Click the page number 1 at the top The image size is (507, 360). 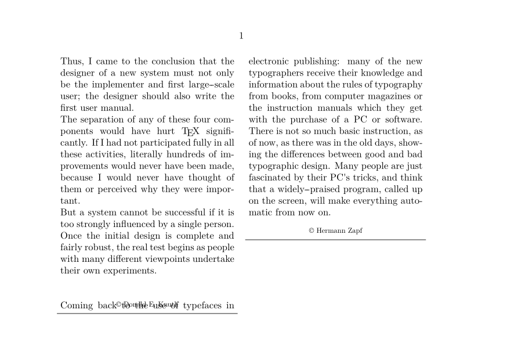click(x=241, y=36)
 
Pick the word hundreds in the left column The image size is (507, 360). click(x=190, y=154)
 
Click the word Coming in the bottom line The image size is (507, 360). click(x=77, y=305)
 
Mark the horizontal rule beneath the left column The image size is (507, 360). click(x=147, y=314)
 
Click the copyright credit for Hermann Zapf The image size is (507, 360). click(x=335, y=231)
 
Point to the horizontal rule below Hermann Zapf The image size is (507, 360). click(x=335, y=239)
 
